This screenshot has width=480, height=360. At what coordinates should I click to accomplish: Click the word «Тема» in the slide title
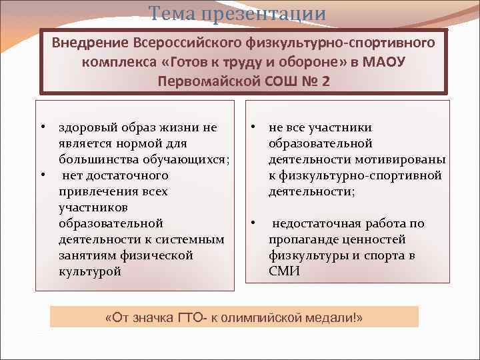click(x=173, y=13)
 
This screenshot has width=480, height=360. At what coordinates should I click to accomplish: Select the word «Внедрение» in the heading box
click(x=91, y=43)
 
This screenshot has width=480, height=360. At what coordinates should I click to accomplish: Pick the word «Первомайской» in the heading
click(x=199, y=81)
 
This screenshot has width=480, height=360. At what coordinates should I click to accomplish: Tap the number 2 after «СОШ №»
click(x=325, y=81)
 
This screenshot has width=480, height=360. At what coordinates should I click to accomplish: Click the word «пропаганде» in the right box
click(x=301, y=239)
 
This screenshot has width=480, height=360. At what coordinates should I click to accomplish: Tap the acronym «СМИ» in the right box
click(x=284, y=271)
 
